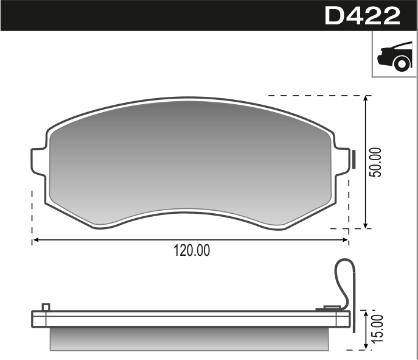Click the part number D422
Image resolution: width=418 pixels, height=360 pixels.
pyautogui.click(x=363, y=16)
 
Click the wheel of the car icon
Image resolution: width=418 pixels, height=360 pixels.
pyautogui.click(x=401, y=63)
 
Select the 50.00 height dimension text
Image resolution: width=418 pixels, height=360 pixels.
pyautogui.click(x=377, y=162)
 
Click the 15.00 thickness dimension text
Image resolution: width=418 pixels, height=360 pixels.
pyautogui.click(x=379, y=330)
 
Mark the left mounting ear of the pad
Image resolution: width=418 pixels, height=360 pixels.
pyautogui.click(x=38, y=162)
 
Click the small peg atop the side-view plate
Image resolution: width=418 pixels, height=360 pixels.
pyautogui.click(x=46, y=306)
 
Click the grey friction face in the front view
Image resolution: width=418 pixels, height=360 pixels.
pyautogui.click(x=189, y=158)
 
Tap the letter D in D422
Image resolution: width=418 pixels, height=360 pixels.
pyautogui.click(x=336, y=16)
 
